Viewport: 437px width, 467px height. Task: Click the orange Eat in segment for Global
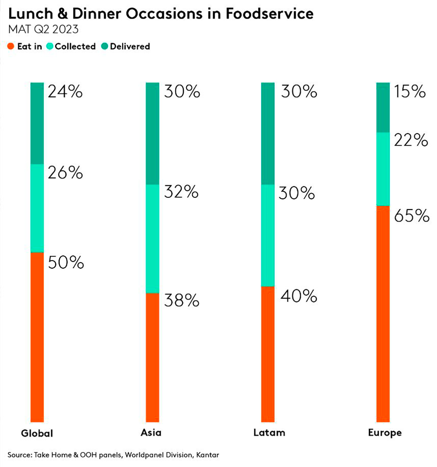tap(37, 336)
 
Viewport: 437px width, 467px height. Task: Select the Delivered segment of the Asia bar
tap(152, 133)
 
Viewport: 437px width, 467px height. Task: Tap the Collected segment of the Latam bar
tap(268, 235)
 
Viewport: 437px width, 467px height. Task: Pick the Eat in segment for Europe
tap(383, 314)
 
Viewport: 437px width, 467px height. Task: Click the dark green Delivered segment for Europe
tap(383, 107)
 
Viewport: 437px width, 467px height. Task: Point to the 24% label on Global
tap(65, 92)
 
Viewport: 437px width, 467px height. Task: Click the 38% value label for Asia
tap(182, 300)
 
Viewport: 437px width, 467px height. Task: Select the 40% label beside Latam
tap(299, 296)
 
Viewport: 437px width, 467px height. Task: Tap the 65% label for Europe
tap(411, 216)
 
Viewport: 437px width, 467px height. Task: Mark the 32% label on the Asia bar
tap(181, 192)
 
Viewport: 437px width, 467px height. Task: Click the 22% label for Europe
tap(411, 140)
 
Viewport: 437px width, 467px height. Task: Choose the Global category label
tap(37, 433)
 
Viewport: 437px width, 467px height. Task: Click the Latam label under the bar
tap(269, 432)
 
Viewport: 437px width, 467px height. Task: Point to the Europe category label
tap(385, 433)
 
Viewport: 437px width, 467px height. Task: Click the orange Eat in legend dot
tap(11, 46)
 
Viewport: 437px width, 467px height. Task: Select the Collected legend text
tap(75, 46)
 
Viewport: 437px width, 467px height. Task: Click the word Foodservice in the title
tap(269, 14)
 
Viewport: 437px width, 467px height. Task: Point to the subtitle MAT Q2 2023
tap(43, 29)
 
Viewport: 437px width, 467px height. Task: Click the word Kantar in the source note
tap(208, 455)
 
